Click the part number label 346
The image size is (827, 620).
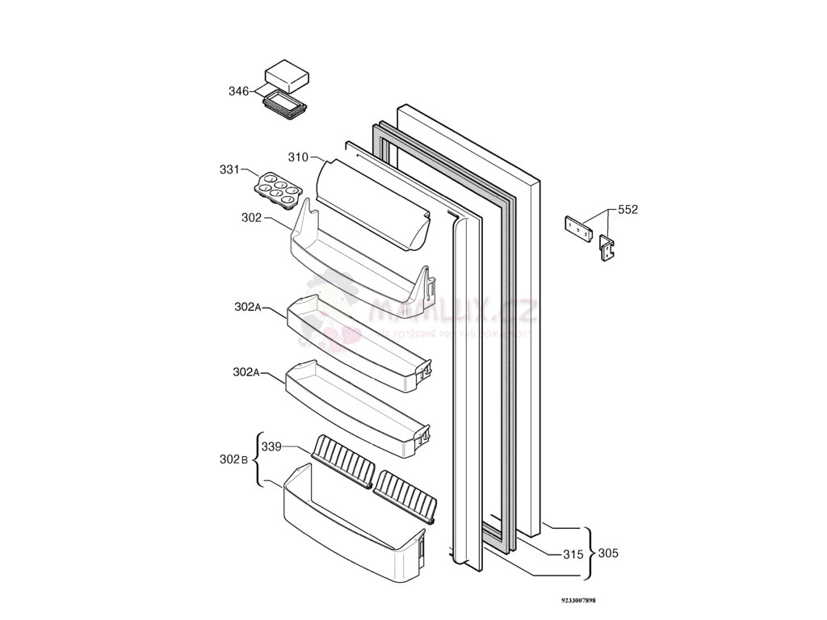238,91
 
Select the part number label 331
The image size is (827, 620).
229,170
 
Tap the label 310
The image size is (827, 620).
298,157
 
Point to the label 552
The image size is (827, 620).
628,209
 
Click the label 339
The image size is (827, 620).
271,446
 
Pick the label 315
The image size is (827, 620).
573,554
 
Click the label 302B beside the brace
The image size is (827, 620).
235,459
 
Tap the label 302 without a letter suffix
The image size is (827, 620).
251,217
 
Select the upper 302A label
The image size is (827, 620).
247,307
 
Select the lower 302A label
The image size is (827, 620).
246,372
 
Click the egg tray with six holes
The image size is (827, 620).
279,188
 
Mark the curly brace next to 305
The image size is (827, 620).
590,553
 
